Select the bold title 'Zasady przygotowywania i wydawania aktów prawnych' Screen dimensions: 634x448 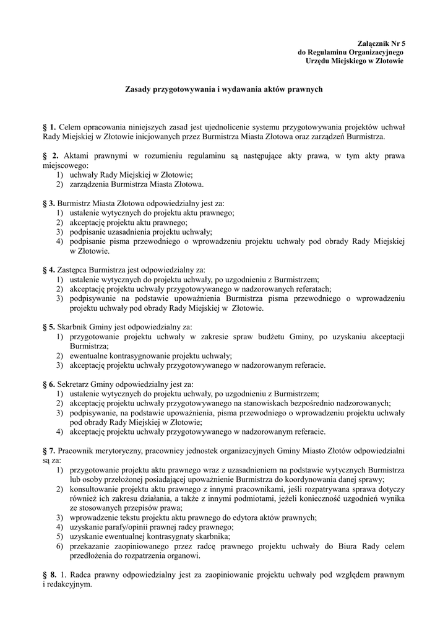(x=223, y=90)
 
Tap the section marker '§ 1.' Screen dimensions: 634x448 (x=49, y=126)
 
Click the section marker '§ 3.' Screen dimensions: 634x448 (x=49, y=203)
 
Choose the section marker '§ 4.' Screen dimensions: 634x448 (x=49, y=270)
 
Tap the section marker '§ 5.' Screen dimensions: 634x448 (x=49, y=326)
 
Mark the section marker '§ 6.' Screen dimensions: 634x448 (x=49, y=384)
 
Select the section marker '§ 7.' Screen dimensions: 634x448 (x=49, y=451)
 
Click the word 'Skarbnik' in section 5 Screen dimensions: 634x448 (x=72, y=326)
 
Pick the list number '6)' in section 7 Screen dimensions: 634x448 (x=59, y=546)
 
